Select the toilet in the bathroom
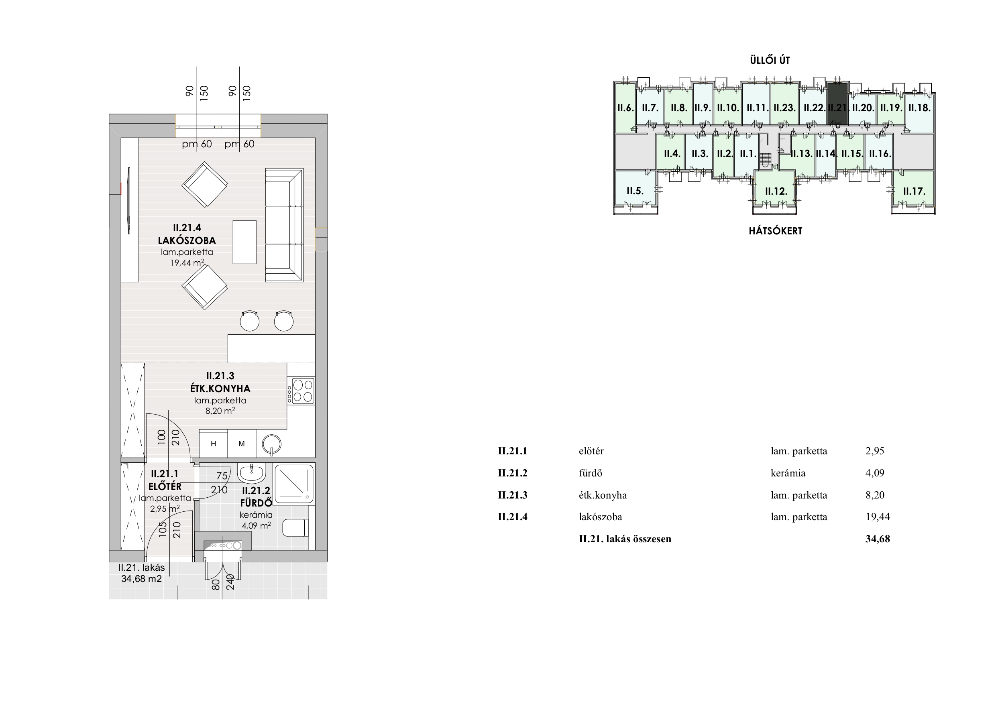tap(295, 528)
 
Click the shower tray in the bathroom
tap(294, 484)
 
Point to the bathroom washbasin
tap(252, 473)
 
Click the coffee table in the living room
tap(244, 242)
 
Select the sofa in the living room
tap(284, 225)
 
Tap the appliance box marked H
tap(214, 443)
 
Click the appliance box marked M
tap(242, 443)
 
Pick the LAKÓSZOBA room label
tap(187, 240)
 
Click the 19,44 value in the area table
tap(878, 517)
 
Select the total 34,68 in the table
tap(878, 539)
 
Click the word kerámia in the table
tap(788, 473)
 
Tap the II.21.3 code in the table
tap(512, 495)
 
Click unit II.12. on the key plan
tap(776, 191)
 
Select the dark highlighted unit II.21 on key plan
tap(838, 104)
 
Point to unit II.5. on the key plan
tap(635, 191)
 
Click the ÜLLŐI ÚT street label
tap(770, 60)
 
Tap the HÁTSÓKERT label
tap(776, 231)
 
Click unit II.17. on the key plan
tap(915, 191)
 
